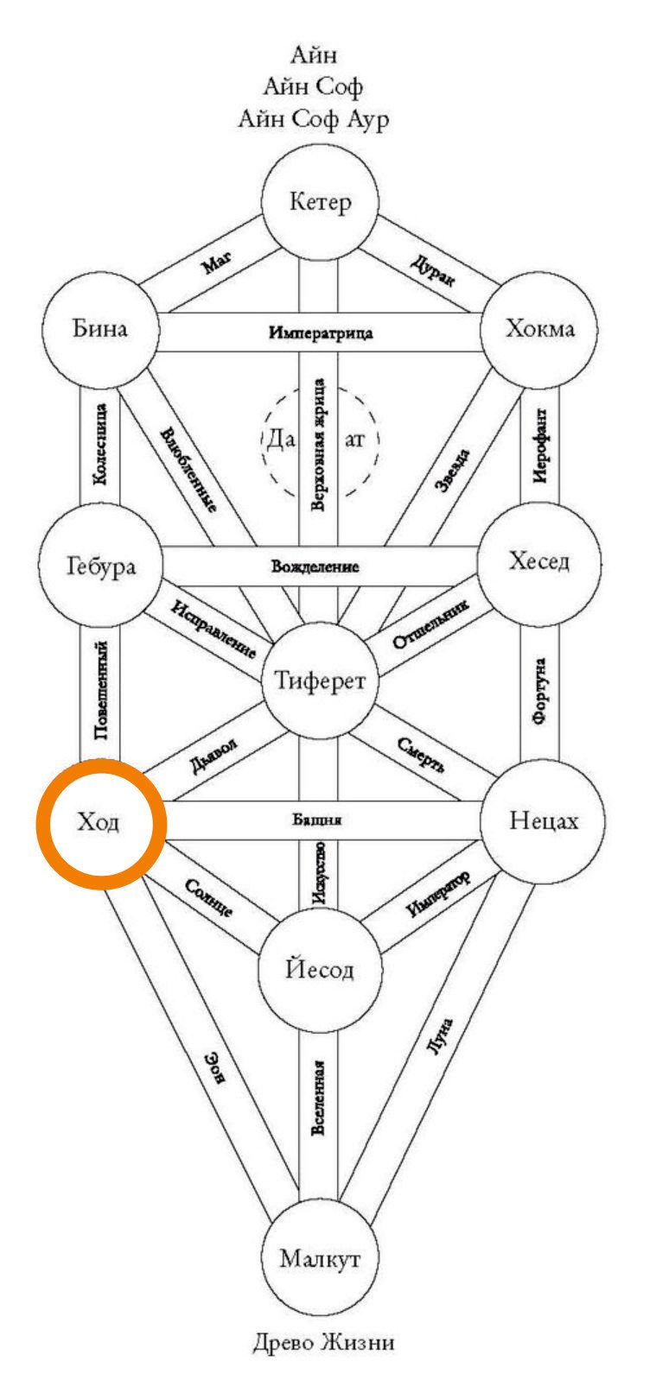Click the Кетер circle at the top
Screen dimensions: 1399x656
(320, 203)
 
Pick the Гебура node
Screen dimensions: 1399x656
(100, 566)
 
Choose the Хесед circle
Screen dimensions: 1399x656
(538, 562)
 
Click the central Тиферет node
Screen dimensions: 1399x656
(320, 681)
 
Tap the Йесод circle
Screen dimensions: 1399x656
(319, 969)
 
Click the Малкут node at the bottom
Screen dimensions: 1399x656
(319, 1258)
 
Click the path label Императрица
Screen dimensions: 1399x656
(320, 332)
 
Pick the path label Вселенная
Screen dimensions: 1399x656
(319, 1097)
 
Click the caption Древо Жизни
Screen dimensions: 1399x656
(324, 1343)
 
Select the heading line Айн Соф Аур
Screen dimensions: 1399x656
(314, 118)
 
